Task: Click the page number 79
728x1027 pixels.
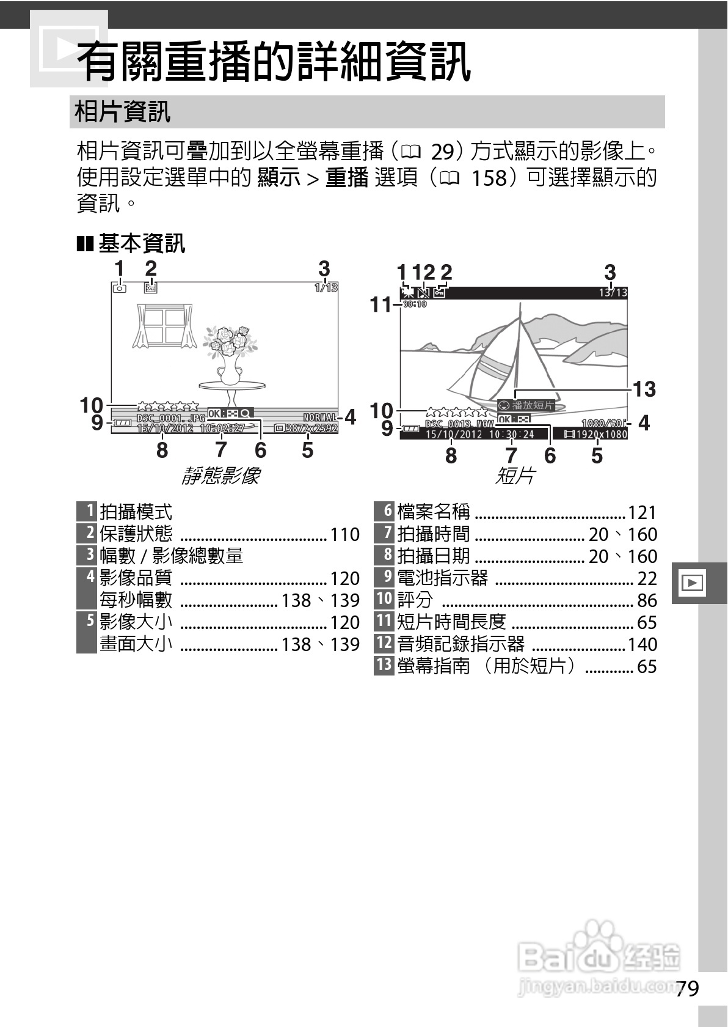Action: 687,988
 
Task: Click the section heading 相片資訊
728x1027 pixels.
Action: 122,112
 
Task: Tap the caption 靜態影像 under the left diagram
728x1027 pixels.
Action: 221,476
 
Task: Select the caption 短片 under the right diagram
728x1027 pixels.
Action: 514,476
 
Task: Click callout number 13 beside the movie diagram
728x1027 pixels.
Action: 644,389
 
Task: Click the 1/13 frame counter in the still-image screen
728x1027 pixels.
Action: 326,287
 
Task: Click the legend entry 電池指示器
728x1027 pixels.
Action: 443,578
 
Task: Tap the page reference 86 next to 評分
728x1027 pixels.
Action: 647,600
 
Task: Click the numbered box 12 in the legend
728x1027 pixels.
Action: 384,644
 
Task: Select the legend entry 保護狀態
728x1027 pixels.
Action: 136,534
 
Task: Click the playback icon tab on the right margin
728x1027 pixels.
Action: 692,583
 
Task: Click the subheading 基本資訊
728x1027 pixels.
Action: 141,244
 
